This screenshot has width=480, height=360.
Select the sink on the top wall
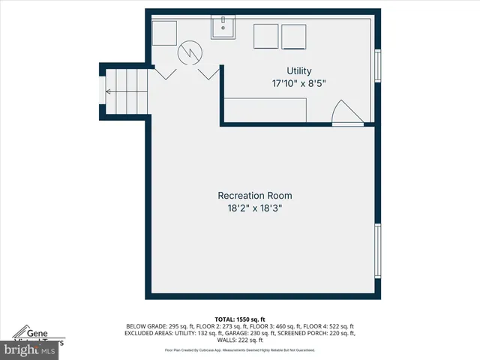[222, 28]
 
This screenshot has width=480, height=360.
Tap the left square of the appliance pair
[265, 35]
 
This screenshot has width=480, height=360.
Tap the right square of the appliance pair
[294, 35]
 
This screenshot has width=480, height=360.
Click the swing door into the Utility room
[345, 112]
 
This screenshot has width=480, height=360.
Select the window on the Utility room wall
[378, 64]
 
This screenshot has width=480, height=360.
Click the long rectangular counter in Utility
[265, 109]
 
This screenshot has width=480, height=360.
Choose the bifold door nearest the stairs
[164, 73]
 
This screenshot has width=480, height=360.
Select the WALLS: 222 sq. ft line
[240, 340]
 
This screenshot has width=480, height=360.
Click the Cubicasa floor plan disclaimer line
[240, 350]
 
